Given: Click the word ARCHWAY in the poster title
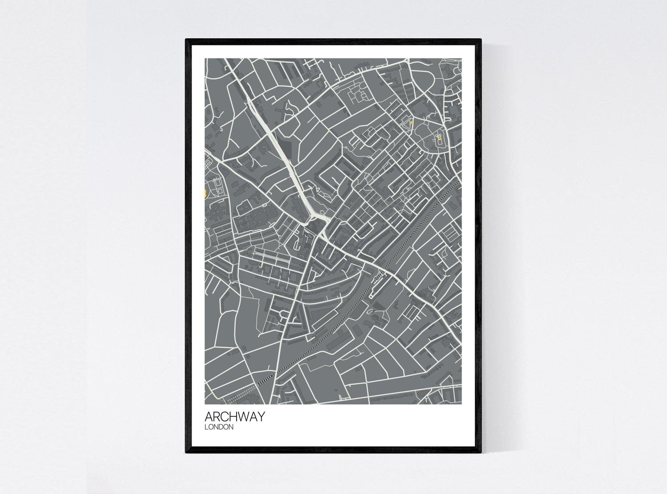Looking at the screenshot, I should click(234, 417).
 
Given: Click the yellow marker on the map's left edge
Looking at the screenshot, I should click(205, 193).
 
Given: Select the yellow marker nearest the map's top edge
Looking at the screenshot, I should click(411, 123).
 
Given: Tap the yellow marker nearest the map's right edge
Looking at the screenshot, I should click(439, 139).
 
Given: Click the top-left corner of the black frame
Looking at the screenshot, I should click(186, 40).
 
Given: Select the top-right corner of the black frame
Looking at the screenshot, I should click(481, 40).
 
